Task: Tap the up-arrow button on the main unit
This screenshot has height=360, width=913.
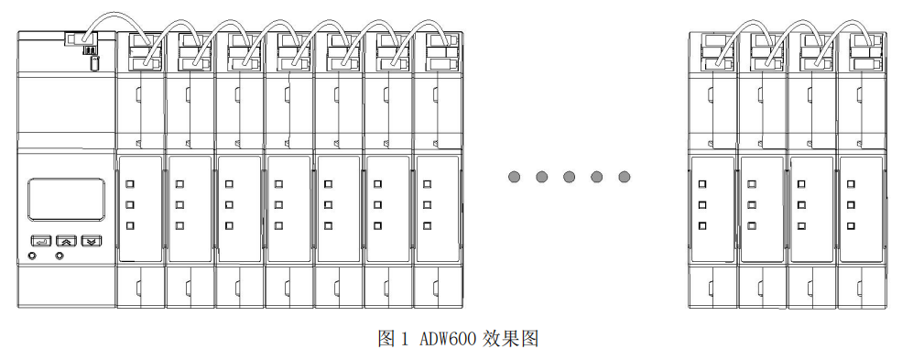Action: tap(65, 241)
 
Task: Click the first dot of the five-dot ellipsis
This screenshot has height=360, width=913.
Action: tap(515, 177)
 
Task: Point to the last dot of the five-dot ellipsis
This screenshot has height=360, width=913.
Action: tap(625, 177)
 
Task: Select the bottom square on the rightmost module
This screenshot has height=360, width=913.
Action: tap(851, 225)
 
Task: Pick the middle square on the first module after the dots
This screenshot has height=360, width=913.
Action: tap(702, 204)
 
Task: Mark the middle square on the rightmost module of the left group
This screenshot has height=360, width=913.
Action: tap(426, 204)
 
